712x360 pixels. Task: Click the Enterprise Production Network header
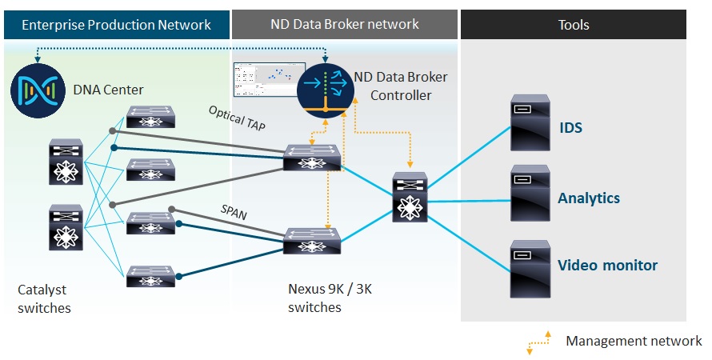[x=116, y=25]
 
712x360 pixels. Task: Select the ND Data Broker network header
[x=345, y=25]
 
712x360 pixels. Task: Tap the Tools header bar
[x=573, y=25]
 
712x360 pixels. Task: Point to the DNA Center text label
[x=106, y=88]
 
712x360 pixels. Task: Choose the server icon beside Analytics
[x=530, y=194]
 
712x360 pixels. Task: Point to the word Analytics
[x=589, y=198]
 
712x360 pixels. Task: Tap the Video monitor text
[x=607, y=266]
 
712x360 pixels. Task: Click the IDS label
[x=570, y=128]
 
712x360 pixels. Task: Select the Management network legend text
[x=634, y=341]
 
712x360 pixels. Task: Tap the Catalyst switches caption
[x=44, y=299]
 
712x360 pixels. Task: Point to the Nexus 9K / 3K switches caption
[x=330, y=299]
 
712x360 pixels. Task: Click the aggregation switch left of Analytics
[x=410, y=197]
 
